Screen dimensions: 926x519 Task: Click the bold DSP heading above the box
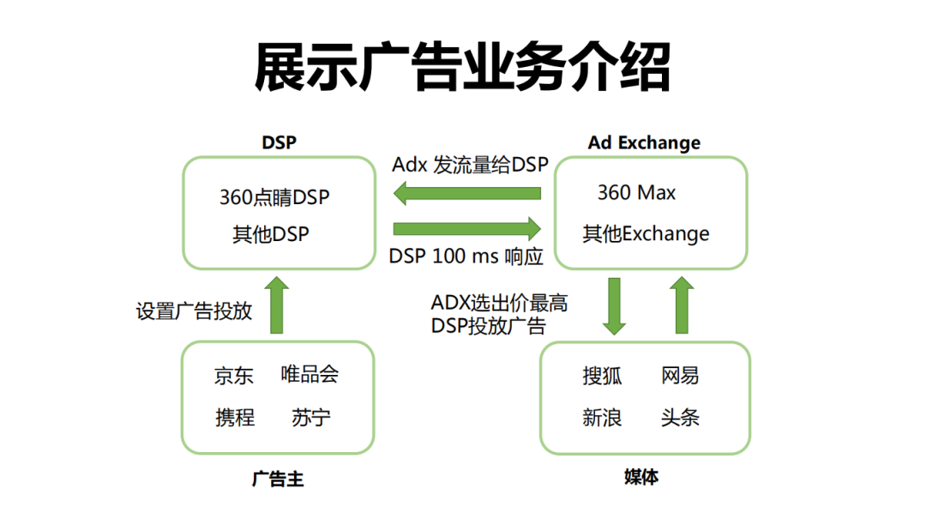click(279, 142)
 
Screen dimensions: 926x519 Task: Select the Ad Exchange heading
click(644, 142)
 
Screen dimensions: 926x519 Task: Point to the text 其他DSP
click(270, 234)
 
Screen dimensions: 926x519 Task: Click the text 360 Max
click(636, 193)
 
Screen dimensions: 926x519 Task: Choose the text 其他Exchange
click(646, 233)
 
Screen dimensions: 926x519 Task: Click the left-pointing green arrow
click(466, 195)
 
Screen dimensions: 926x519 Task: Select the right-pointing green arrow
click(467, 228)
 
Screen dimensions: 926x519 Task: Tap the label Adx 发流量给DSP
click(469, 165)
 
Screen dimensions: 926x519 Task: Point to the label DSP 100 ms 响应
click(466, 256)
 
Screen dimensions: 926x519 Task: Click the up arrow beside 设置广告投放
click(277, 305)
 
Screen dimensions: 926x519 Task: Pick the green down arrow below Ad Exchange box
click(614, 305)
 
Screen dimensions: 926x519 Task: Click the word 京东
click(234, 376)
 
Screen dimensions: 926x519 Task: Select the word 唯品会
click(310, 374)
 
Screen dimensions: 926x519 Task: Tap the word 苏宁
click(310, 418)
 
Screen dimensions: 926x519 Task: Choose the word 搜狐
click(602, 375)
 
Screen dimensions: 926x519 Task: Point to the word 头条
click(680, 418)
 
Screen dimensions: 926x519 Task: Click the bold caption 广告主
click(277, 479)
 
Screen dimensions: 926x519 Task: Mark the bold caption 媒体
click(641, 477)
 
